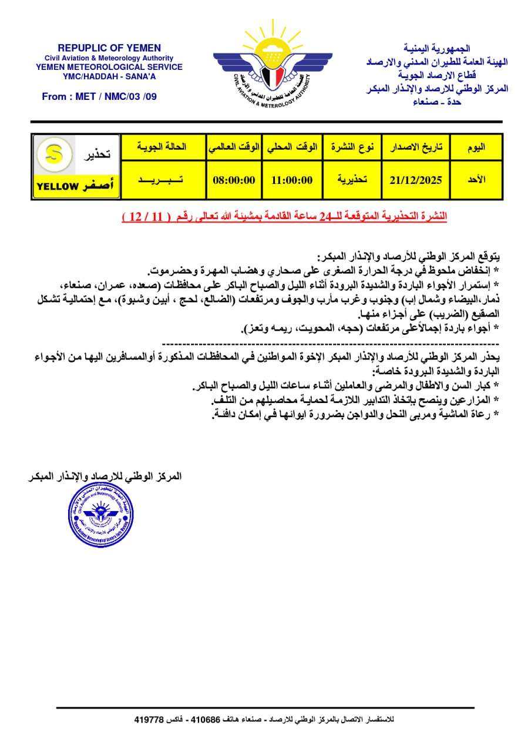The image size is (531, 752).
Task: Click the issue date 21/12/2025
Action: [415, 180]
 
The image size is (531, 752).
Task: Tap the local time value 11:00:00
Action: [292, 180]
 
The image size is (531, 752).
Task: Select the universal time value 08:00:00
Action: [234, 180]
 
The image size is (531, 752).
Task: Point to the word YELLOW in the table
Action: [58, 187]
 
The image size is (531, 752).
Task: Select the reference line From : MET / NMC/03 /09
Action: [99, 96]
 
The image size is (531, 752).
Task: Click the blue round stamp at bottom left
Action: [98, 514]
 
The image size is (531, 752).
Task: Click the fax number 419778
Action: [149, 719]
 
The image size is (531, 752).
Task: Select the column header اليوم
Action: [476, 147]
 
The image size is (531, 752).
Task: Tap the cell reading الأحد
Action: [476, 180]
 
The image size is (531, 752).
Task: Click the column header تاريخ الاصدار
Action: [415, 147]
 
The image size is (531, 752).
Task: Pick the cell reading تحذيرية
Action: [352, 180]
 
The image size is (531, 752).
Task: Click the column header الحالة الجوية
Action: [162, 147]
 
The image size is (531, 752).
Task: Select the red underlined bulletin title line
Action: [284, 217]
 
